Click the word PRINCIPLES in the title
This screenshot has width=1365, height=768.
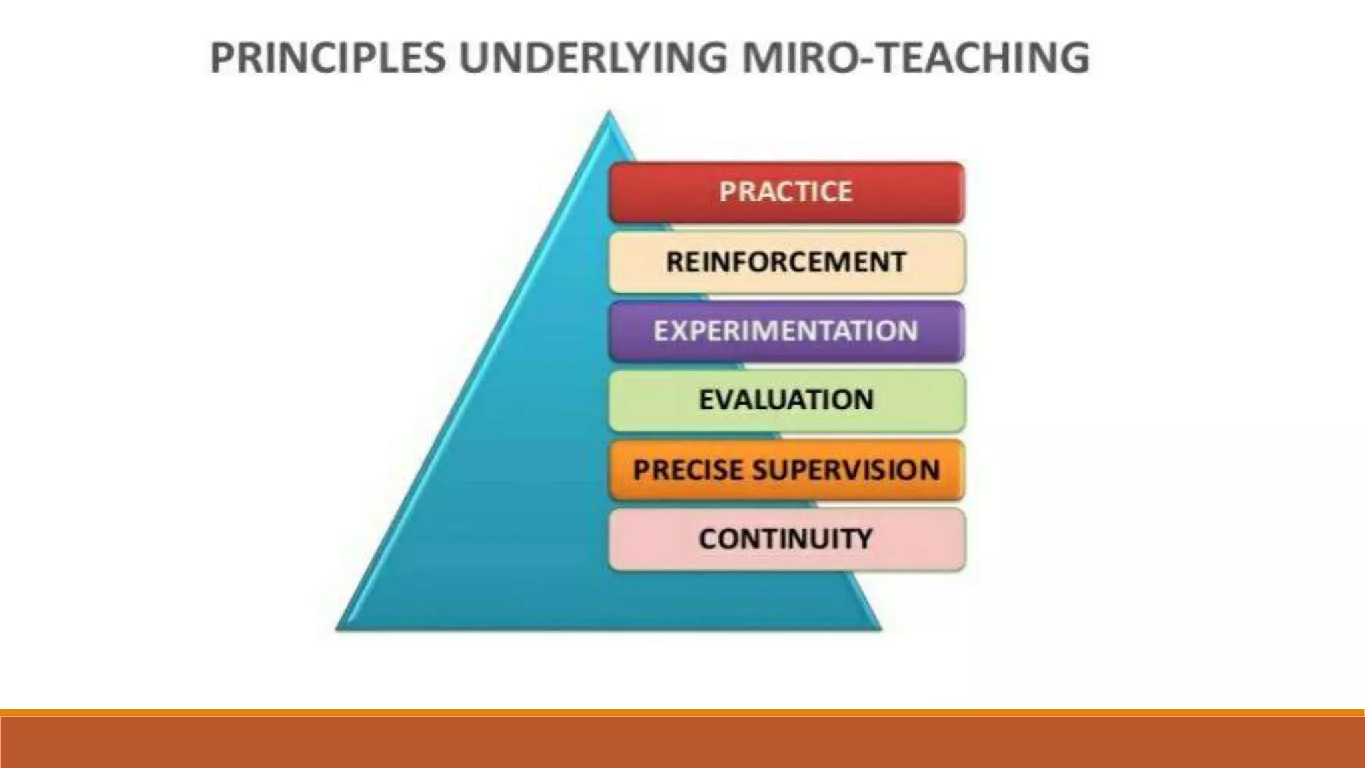[x=327, y=57]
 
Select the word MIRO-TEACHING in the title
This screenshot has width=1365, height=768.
[x=916, y=57]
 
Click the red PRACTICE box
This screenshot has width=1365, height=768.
[x=786, y=192]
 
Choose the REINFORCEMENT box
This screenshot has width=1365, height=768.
[x=786, y=261]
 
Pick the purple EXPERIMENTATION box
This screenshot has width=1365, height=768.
[x=786, y=331]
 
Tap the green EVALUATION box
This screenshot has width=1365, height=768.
[x=786, y=400]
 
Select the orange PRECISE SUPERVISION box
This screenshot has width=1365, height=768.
[x=786, y=469]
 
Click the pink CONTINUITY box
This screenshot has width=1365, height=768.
[x=786, y=539]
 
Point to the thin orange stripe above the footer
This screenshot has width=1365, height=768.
[x=682, y=713]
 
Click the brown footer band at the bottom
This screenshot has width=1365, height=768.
[x=682, y=743]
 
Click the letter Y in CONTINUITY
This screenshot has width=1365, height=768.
[x=862, y=539]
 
